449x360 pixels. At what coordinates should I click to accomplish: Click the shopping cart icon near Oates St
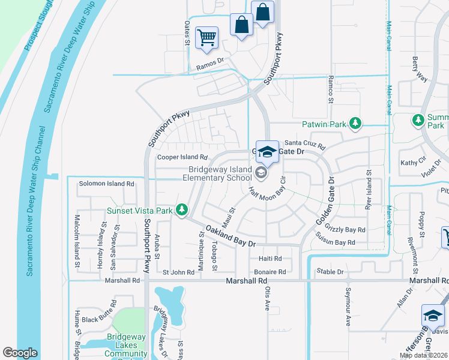coord(206,38)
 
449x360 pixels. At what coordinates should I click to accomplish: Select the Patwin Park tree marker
coord(355,124)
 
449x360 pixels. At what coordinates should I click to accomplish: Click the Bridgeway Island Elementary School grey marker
coord(261,173)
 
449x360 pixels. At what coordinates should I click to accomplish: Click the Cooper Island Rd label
coord(182,157)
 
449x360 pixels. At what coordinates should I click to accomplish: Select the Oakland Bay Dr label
coord(231,236)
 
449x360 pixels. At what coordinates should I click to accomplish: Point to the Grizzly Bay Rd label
coord(345,229)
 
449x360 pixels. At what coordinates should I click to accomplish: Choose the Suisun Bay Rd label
coord(336,242)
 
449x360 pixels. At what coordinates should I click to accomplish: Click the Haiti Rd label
coord(270,259)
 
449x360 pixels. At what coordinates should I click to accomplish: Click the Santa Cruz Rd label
coord(304,143)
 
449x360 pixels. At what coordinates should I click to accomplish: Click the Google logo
coord(20,353)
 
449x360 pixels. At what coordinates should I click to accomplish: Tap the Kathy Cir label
coord(412,163)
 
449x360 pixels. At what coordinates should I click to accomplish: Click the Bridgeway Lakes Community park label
coord(127,345)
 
